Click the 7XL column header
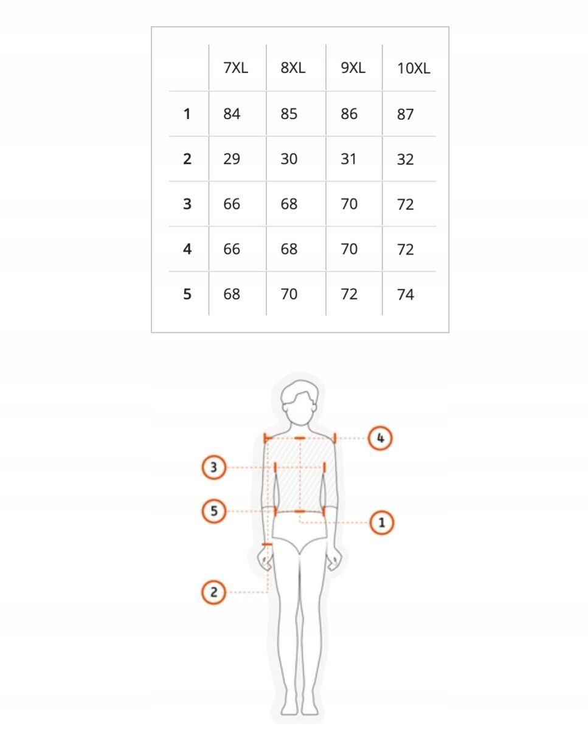click(x=236, y=68)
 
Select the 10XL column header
click(x=413, y=69)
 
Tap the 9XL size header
click(x=353, y=68)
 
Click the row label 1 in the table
click(x=187, y=114)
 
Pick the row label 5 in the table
click(x=187, y=294)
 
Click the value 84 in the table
click(x=232, y=114)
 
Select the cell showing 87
click(x=405, y=114)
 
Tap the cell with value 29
click(x=232, y=159)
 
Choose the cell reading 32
click(x=405, y=160)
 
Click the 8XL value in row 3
click(x=289, y=204)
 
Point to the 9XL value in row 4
click(x=349, y=249)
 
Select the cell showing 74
click(x=405, y=295)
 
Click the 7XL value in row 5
click(x=232, y=294)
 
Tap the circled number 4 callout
click(x=381, y=439)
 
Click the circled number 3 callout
click(x=213, y=468)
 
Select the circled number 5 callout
click(x=213, y=511)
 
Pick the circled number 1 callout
click(x=381, y=522)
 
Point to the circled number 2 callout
click(x=213, y=592)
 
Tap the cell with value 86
click(x=349, y=114)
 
